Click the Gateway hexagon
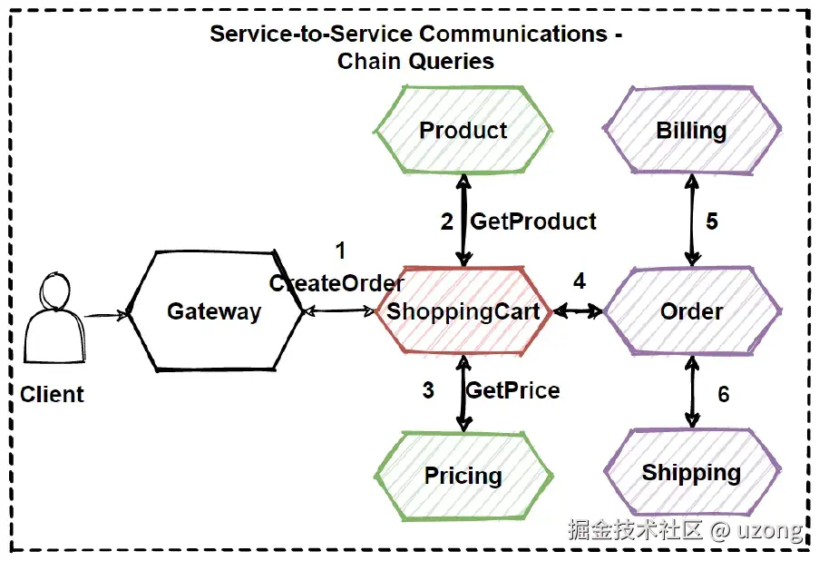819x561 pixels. [x=214, y=311]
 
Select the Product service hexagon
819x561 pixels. [x=463, y=131]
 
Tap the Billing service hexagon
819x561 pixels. [x=691, y=131]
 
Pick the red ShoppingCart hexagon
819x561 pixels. [x=463, y=311]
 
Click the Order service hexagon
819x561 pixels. [x=691, y=311]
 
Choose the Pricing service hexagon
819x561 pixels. [x=463, y=476]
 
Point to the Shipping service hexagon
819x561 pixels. [x=691, y=473]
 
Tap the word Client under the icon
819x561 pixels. [x=52, y=394]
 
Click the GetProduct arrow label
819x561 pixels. [x=533, y=221]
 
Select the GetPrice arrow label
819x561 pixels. [x=512, y=390]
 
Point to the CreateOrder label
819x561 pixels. [x=336, y=283]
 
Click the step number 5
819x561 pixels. [x=712, y=221]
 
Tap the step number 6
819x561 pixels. [x=723, y=394]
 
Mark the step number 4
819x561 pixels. [x=580, y=280]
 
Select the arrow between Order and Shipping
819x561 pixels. [x=692, y=391]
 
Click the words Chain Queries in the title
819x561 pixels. [x=415, y=62]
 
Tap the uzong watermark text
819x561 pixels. [x=773, y=529]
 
